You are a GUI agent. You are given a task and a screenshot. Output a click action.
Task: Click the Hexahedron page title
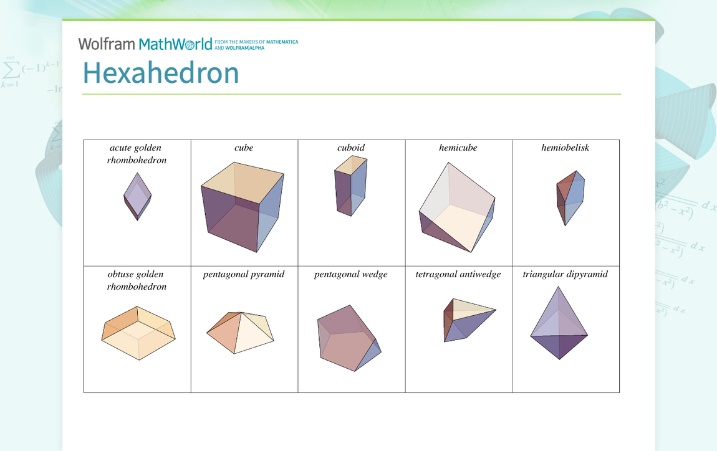(161, 73)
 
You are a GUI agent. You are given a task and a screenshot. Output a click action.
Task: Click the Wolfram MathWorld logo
(145, 44)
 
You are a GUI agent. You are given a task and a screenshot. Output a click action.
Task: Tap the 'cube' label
(244, 148)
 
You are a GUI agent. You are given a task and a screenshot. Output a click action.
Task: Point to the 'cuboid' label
(351, 148)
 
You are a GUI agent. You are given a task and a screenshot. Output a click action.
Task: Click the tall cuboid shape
(350, 185)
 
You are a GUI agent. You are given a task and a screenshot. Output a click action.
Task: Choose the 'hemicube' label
(458, 148)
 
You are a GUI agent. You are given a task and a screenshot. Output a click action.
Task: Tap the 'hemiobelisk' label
(565, 148)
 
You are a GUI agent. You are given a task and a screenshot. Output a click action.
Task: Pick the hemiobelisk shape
(570, 196)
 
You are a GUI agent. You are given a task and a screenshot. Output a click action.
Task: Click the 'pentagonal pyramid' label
(244, 274)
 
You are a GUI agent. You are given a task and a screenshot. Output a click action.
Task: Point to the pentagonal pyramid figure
(241, 332)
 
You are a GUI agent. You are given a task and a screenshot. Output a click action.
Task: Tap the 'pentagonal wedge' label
(351, 274)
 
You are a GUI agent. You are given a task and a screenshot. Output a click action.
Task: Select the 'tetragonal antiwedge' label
(458, 274)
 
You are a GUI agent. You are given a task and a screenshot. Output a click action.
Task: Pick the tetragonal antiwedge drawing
(466, 318)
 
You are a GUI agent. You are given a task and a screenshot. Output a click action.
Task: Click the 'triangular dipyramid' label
(565, 274)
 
